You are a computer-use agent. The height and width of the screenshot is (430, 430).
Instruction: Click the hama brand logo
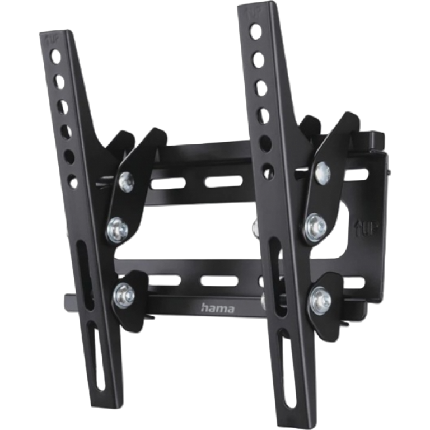click(218, 308)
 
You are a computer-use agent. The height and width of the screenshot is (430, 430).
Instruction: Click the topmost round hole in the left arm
click(55, 57)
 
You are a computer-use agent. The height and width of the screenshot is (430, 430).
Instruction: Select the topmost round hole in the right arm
click(255, 30)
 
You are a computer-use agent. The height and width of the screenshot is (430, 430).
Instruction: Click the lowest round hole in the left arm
click(73, 181)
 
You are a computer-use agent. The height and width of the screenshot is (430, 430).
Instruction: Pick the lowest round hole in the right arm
click(268, 171)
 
